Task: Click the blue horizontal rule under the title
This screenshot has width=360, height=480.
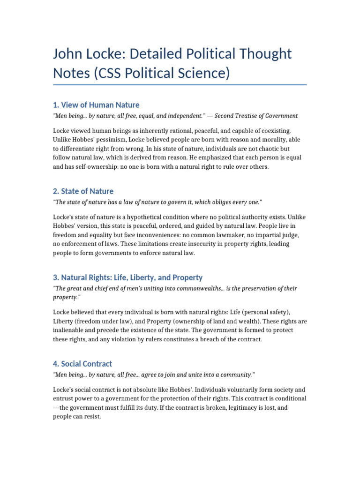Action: coord(180,85)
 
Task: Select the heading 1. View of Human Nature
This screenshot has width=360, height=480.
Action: coord(96,105)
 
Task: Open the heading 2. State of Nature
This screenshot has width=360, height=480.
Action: coord(83,191)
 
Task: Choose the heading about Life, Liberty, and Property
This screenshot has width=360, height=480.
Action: coord(128,277)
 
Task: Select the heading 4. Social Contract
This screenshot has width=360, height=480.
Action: coord(82,364)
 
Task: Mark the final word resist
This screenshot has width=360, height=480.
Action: coord(92,417)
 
